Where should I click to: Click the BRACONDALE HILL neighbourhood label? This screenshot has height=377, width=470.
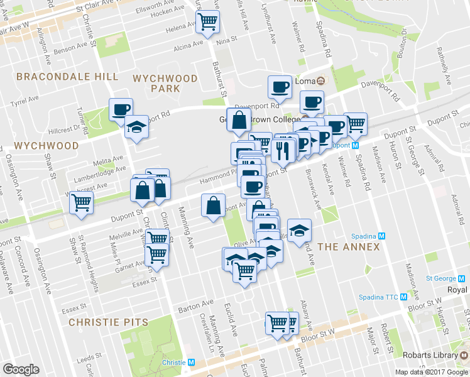pos(67,77)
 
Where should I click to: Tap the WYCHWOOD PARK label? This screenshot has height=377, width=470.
pos(165,84)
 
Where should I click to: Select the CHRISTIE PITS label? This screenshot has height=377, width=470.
pos(108,322)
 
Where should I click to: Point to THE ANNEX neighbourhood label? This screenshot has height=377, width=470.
pos(349,246)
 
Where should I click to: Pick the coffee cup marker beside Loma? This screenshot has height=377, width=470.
pos(280,87)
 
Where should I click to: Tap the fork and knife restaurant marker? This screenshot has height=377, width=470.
pos(282,150)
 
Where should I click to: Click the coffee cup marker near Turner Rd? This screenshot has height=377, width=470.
pos(120,109)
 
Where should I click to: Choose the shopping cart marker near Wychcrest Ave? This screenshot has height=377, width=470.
pos(81,203)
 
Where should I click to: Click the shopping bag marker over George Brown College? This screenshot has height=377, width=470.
pos(239,121)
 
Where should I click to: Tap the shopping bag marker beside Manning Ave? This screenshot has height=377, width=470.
pos(213,205)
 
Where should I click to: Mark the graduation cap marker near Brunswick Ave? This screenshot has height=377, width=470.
pos(299,230)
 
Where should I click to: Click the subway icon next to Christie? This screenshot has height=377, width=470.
pos(192,363)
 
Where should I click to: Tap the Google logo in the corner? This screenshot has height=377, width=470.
pos(21,369)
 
